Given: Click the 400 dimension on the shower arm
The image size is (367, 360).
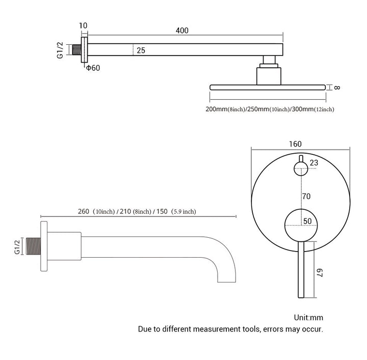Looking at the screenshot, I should click(182, 31).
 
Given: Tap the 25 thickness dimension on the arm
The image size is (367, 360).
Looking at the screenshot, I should click(141, 51).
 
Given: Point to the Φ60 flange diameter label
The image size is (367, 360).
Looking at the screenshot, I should click(93, 68).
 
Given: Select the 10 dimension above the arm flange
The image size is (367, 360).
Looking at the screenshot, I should click(84, 25).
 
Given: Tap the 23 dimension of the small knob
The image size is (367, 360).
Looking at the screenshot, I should click(313, 163).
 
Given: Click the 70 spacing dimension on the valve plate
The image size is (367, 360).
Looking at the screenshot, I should click(306, 196).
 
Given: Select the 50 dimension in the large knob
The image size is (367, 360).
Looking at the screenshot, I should click(307, 221).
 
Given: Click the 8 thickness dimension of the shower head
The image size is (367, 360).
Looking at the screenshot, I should click(337, 88).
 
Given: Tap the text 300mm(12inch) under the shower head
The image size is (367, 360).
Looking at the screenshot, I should click(313, 109).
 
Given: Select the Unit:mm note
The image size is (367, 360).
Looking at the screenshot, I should click(309, 318).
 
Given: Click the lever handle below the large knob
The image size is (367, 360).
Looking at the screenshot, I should click(301, 270).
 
